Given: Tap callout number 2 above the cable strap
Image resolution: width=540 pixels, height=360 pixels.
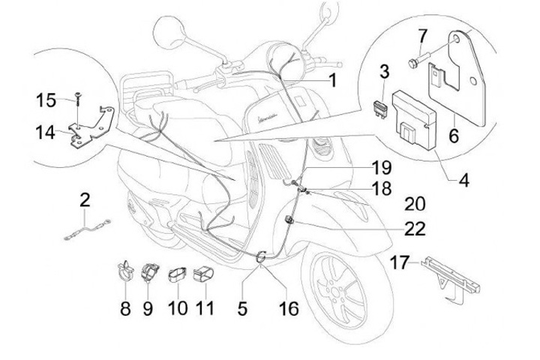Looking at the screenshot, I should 85,200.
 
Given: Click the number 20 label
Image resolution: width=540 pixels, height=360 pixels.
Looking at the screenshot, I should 414,203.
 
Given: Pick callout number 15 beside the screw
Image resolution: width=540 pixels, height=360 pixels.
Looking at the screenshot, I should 46,99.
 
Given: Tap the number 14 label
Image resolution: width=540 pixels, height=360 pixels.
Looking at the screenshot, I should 45,133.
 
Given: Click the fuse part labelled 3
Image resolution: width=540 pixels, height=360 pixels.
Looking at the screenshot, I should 379,106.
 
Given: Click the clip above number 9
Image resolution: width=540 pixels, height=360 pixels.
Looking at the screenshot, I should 149,272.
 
